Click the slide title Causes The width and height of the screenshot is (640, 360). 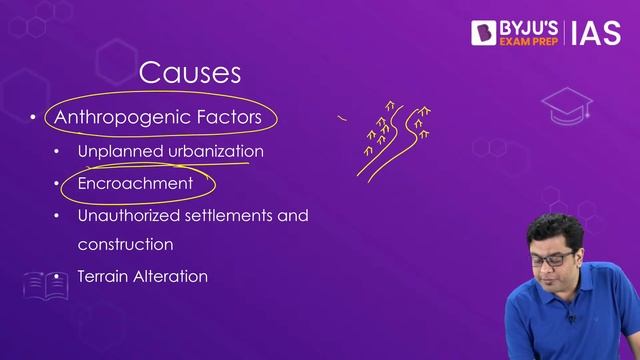(190, 72)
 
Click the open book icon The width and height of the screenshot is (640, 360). (45, 286)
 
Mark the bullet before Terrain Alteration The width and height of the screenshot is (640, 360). (57, 277)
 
